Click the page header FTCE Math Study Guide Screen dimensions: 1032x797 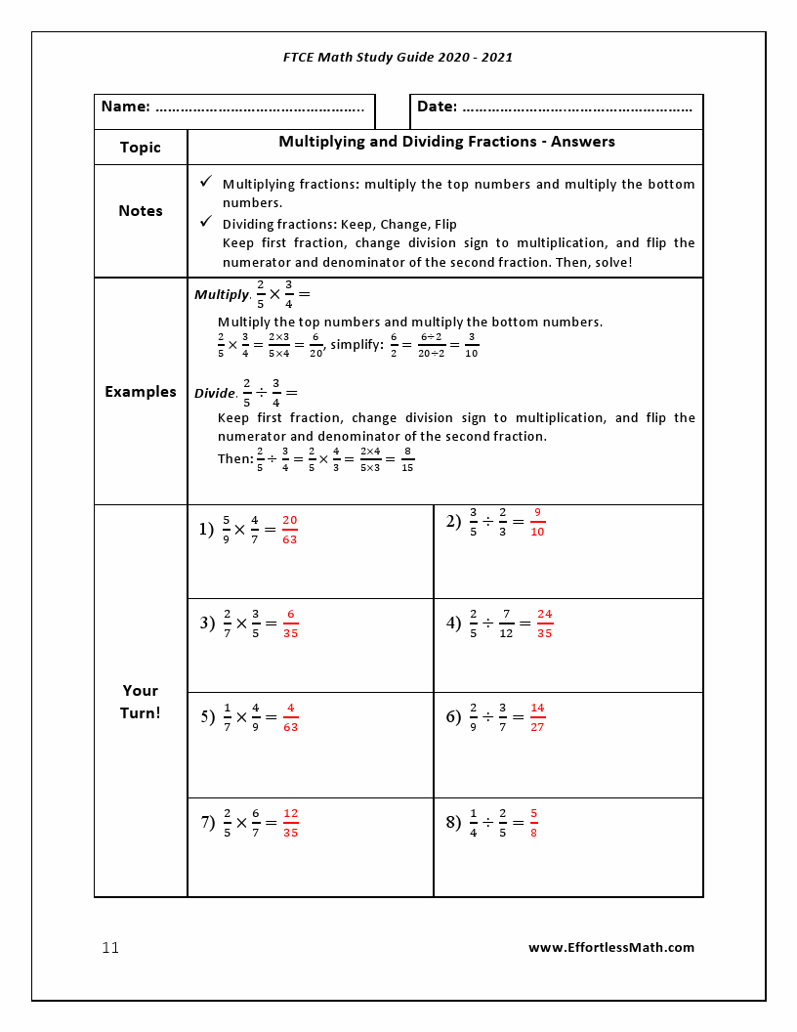point(398,57)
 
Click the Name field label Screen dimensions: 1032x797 point(125,107)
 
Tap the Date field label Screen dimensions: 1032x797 point(437,107)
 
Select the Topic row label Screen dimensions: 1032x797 point(141,148)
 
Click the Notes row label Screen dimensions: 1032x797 point(141,211)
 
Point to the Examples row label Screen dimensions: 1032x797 point(141,392)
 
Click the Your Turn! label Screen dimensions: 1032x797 point(141,702)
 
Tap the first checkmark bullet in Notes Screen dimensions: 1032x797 point(206,182)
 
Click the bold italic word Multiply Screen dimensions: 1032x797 point(221,294)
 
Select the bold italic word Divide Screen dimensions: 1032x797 point(215,393)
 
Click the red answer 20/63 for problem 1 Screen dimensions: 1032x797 point(289,530)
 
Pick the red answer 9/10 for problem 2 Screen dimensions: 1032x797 point(537,522)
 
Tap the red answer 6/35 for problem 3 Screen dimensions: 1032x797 point(290,623)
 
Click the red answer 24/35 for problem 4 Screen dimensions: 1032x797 point(544,623)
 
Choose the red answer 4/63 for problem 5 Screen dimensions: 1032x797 point(290,717)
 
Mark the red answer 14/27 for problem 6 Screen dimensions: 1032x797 point(537,717)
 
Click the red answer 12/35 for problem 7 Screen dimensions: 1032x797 point(290,823)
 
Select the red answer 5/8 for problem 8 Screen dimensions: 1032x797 point(534,823)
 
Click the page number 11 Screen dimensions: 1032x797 point(110,948)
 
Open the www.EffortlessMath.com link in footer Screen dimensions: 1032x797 point(611,947)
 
